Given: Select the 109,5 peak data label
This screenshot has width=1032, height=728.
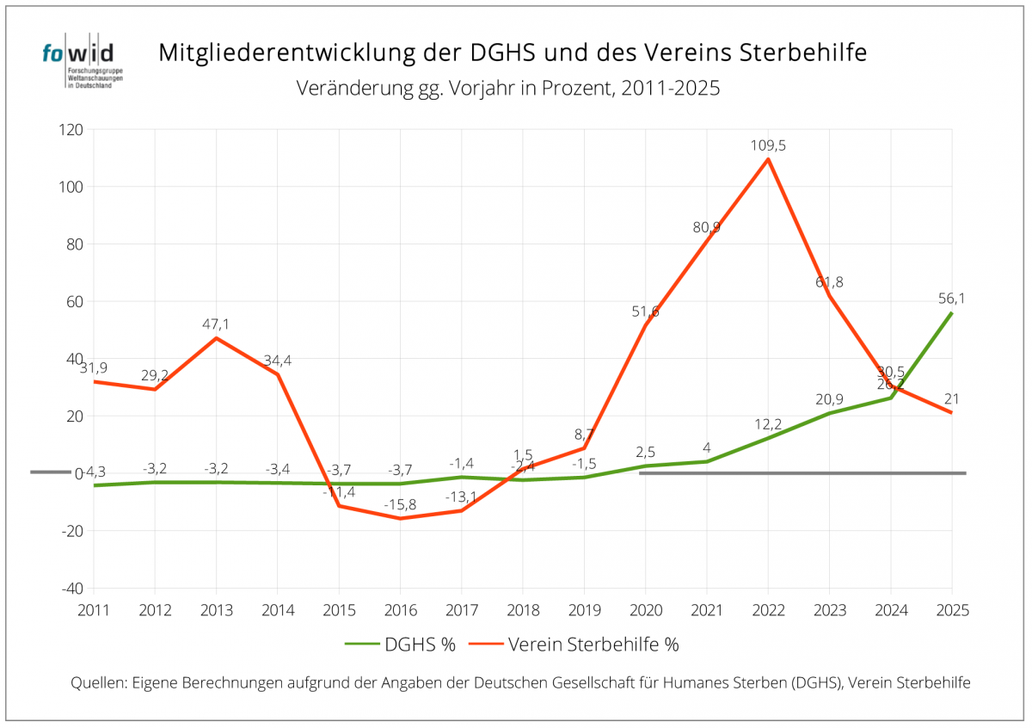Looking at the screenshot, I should point(768,145).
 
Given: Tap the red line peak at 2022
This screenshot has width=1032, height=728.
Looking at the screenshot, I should point(768,159).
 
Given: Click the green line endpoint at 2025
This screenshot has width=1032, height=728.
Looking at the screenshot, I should point(951,313).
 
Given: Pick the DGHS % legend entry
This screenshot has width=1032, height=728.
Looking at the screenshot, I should point(401,644).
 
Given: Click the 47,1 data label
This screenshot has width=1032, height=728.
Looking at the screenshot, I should point(217,324).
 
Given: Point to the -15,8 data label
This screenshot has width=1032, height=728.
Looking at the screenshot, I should point(401,504).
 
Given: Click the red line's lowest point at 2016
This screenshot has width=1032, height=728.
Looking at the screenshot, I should point(401,518).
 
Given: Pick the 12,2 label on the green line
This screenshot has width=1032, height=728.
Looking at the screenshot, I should point(768,424).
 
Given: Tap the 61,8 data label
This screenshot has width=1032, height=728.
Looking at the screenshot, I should point(829,281).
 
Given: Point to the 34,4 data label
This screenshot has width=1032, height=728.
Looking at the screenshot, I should point(278,360).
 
